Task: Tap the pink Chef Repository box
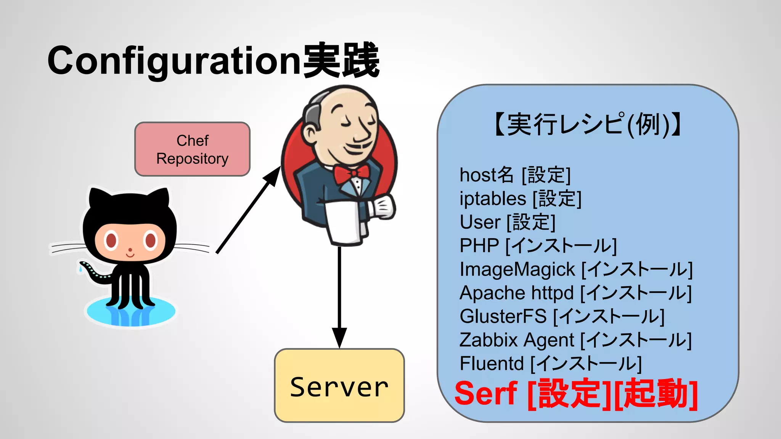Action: tap(192, 149)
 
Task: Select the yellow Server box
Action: tap(339, 386)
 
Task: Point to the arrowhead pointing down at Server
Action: tap(339, 337)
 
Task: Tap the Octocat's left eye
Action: tap(111, 240)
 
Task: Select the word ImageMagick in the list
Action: tap(517, 269)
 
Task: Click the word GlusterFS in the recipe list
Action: tap(503, 316)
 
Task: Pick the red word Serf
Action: tap(486, 394)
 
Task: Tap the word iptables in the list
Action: tap(493, 199)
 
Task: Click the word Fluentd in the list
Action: tap(491, 364)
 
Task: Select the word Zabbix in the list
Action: tap(488, 340)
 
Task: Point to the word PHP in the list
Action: tap(479, 246)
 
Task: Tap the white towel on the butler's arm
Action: tap(343, 223)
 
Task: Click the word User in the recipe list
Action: tap(480, 222)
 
